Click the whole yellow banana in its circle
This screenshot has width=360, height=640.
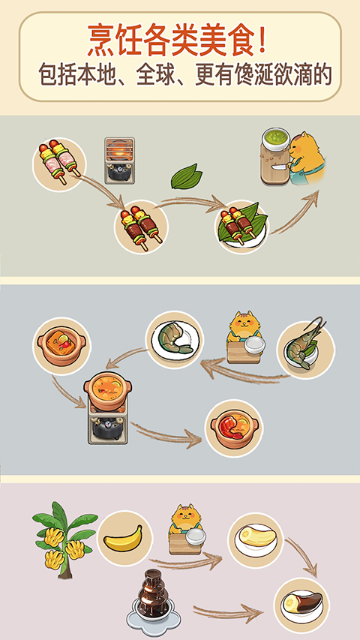[124, 539]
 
